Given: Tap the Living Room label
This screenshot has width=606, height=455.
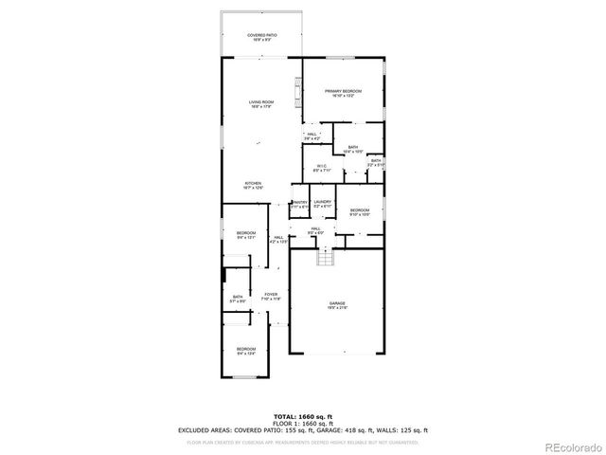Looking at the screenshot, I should click(x=261, y=103).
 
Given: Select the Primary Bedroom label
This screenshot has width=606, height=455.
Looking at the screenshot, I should click(x=344, y=93).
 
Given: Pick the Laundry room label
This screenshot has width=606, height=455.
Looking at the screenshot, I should click(x=322, y=204).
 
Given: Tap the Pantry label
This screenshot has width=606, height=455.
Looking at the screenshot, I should click(x=300, y=204).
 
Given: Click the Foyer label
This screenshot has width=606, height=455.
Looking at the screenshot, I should click(x=271, y=296).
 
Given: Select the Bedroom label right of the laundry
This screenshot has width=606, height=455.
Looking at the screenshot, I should click(x=359, y=212).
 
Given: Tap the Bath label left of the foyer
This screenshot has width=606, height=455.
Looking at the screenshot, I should click(x=239, y=300).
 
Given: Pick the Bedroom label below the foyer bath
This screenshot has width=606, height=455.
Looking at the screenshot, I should click(x=246, y=352).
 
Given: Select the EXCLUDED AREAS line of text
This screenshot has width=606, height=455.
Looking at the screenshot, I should click(x=303, y=429).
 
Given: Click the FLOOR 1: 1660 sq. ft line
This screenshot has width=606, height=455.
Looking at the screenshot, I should click(x=303, y=423).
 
